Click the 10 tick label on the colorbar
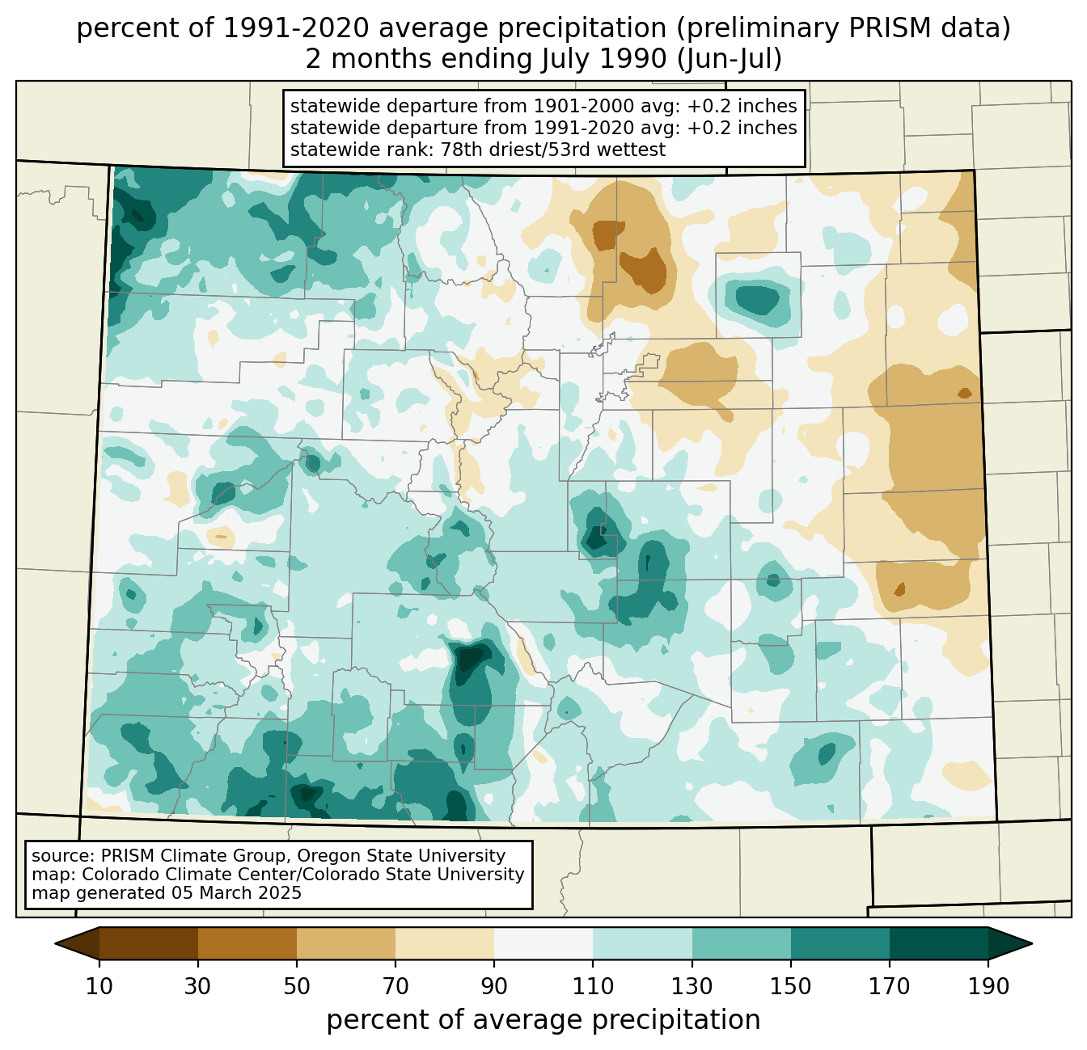click(x=99, y=986)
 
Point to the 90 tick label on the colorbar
click(x=494, y=986)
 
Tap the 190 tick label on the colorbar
click(x=988, y=986)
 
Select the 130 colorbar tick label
click(x=692, y=986)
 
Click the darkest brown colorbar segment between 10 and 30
click(x=149, y=943)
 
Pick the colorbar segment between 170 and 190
click(x=939, y=943)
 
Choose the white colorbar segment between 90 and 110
click(x=543, y=943)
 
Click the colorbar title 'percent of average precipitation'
click(x=543, y=1020)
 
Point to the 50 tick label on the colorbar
click(x=297, y=986)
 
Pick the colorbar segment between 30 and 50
click(x=247, y=943)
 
